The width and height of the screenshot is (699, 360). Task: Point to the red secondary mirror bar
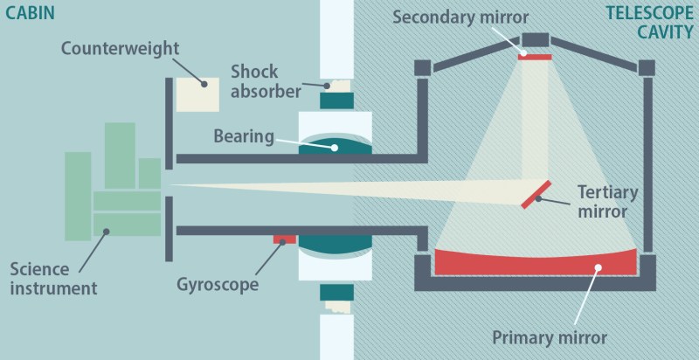point(535,57)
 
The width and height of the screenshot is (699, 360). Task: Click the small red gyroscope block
point(285,239)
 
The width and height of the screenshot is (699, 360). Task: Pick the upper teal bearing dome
point(337,147)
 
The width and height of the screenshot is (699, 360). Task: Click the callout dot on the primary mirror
point(598,267)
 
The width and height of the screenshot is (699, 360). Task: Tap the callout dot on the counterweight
point(204,84)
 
